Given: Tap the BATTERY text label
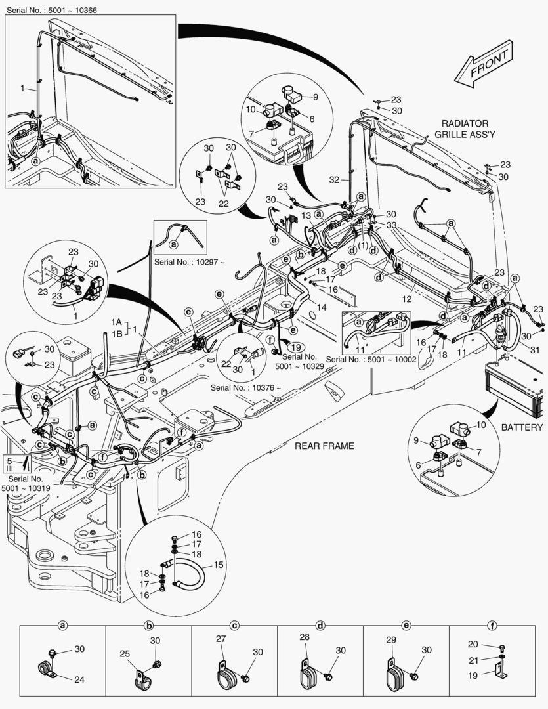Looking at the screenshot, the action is pyautogui.click(x=522, y=427).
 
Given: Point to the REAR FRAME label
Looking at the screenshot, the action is pyautogui.click(x=324, y=446).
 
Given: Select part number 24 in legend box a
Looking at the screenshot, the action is pyautogui.click(x=79, y=679).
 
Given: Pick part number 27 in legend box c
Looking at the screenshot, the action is pyautogui.click(x=221, y=638).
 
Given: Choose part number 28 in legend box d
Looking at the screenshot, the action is pyautogui.click(x=304, y=638).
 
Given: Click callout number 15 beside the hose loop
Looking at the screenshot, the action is pyautogui.click(x=219, y=565).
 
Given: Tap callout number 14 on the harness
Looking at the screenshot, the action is pyautogui.click(x=322, y=307).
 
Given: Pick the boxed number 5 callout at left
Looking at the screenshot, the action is pyautogui.click(x=9, y=462).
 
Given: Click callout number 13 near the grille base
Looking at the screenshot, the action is pyautogui.click(x=306, y=216).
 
